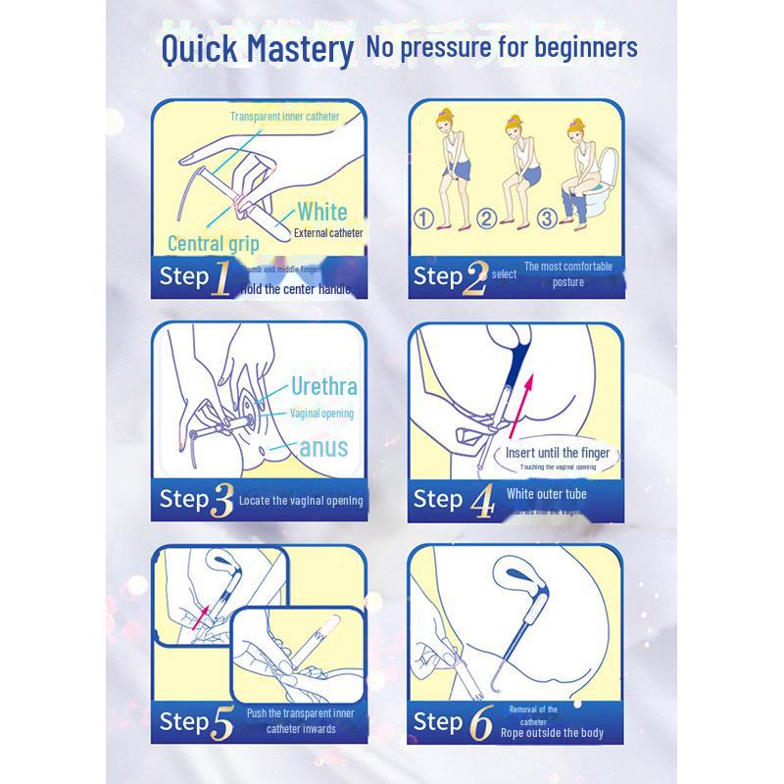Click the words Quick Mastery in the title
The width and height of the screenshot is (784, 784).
(x=256, y=49)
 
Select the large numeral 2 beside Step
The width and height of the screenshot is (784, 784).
(x=475, y=278)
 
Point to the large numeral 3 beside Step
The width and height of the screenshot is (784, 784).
(x=222, y=500)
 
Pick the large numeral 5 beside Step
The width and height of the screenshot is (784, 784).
(x=222, y=724)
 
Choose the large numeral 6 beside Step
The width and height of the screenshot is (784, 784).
(x=479, y=724)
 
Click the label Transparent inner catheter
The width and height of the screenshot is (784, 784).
(x=284, y=117)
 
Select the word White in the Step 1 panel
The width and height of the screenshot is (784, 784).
(x=322, y=212)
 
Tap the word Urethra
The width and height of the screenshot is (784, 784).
(x=323, y=385)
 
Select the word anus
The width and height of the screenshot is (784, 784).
(x=323, y=448)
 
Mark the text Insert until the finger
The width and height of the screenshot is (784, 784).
(x=558, y=453)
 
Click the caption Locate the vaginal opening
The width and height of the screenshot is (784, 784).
(x=301, y=501)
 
